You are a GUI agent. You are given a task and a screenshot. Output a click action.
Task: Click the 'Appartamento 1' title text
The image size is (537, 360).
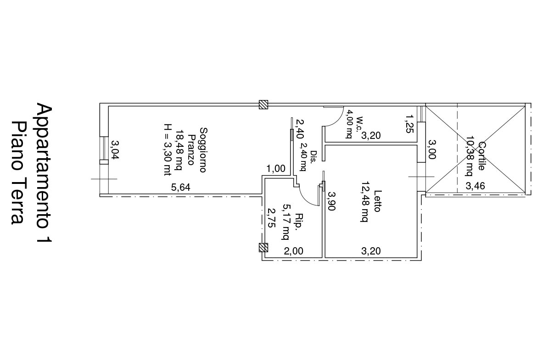(44, 173)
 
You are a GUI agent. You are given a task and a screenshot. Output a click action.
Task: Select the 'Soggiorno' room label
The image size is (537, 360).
(203, 150)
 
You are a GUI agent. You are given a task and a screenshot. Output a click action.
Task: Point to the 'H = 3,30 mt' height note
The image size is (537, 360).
(167, 150)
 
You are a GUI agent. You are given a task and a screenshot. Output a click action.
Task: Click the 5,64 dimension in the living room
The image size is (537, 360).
(180, 187)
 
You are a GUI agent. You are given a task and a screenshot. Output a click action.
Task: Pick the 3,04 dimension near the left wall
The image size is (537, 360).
(115, 150)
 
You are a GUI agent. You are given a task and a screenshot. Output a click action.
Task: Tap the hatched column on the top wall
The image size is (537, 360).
(263, 105)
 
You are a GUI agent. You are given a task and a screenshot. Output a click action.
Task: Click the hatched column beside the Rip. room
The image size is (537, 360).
(263, 248)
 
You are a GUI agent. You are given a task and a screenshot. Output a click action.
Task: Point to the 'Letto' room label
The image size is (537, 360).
(377, 201)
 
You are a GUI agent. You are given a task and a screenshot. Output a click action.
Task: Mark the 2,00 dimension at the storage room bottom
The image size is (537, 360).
(293, 251)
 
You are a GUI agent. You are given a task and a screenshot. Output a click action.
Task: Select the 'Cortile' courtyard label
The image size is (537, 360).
(481, 156)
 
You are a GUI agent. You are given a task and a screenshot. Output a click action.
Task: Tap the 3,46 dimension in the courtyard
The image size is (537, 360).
(475, 186)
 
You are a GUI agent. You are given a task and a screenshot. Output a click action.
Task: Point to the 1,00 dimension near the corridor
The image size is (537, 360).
(276, 169)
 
